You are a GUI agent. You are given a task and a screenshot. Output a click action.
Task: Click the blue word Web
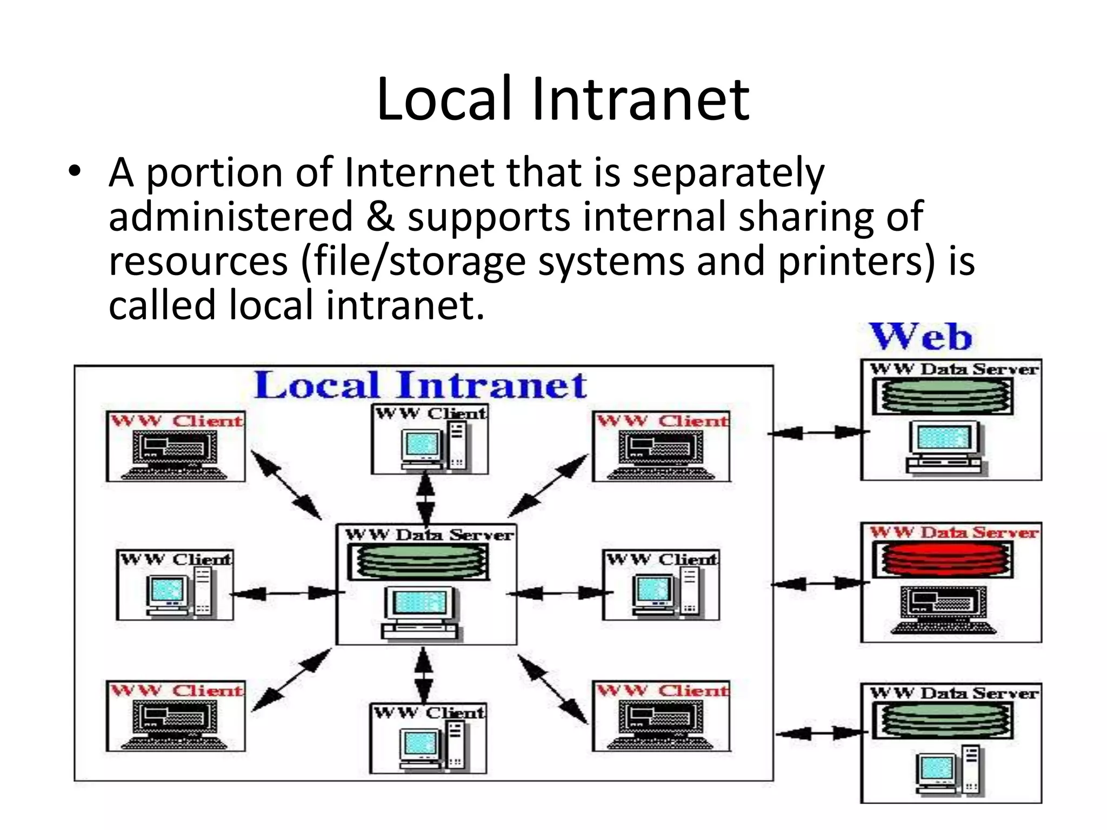[921, 337]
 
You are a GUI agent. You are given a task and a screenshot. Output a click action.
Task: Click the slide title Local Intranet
[563, 99]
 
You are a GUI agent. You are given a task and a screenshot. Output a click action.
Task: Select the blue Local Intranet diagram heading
[420, 385]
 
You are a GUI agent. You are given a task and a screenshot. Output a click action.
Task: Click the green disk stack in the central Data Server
[418, 561]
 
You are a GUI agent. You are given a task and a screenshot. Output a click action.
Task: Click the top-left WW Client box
[176, 446]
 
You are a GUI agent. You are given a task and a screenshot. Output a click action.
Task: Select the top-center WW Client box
[430, 439]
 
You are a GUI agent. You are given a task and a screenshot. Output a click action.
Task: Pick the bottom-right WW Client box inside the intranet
[661, 716]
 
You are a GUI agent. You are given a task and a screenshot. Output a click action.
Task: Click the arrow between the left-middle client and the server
[286, 593]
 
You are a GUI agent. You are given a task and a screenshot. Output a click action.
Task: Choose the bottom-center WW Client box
[428, 738]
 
